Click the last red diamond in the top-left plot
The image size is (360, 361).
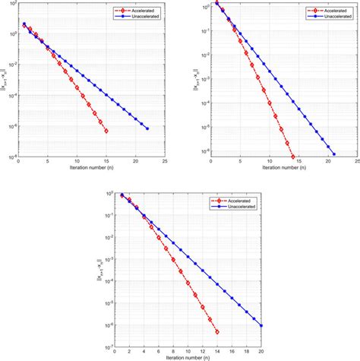pyautogui.click(x=106, y=131)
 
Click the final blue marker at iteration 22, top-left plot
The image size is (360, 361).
pyautogui.click(x=147, y=128)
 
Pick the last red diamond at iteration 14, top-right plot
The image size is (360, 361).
pyautogui.click(x=293, y=157)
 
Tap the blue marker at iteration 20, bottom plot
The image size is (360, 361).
pyautogui.click(x=261, y=325)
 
